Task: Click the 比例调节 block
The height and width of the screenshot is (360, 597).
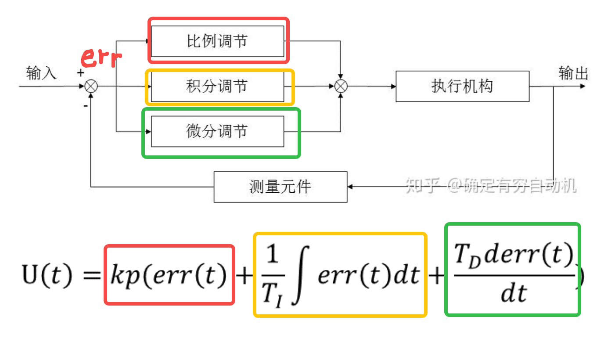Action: (217, 41)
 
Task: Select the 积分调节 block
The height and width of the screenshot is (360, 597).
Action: (217, 86)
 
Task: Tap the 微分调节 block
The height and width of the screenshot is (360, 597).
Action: (217, 131)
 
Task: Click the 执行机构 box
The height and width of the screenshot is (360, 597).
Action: (462, 86)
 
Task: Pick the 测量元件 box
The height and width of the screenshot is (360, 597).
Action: (280, 187)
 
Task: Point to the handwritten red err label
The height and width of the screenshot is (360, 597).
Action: (101, 57)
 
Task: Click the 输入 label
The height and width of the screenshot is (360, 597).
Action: (42, 73)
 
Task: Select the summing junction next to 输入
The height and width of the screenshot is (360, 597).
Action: (91, 86)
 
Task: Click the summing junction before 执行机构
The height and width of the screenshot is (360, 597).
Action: (341, 86)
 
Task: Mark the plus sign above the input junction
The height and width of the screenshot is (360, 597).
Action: (81, 73)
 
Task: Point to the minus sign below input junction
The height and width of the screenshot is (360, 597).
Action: (85, 105)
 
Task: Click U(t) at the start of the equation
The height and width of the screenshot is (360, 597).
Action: (47, 275)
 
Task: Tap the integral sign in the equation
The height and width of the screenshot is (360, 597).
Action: (301, 275)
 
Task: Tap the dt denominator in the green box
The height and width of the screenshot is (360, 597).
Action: (513, 293)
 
